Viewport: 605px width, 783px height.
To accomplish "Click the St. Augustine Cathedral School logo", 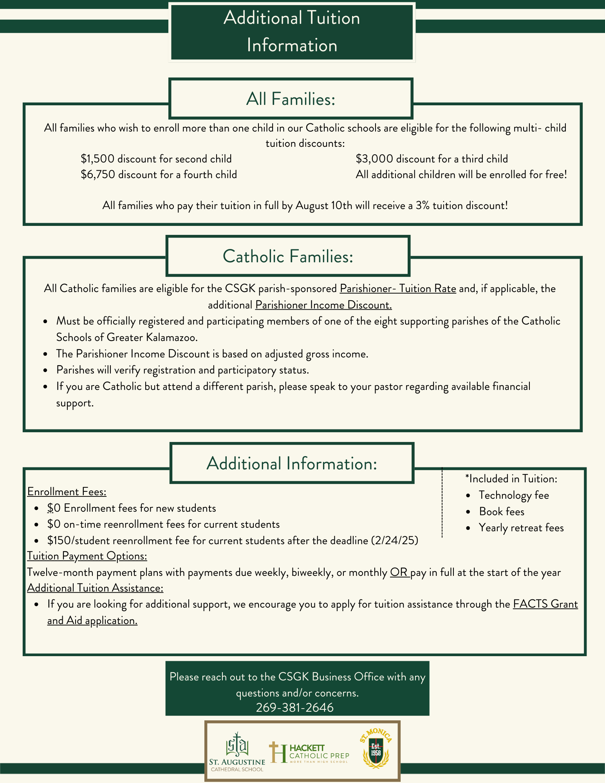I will (237, 752).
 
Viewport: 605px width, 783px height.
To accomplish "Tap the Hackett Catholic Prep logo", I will (309, 753).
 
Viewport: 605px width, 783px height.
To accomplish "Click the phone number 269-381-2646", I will (294, 707).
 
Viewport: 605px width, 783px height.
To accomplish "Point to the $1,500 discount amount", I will (98, 159).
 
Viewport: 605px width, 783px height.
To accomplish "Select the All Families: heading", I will (291, 99).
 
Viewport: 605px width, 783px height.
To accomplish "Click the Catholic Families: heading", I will (288, 256).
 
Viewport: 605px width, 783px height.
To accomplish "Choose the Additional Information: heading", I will (292, 464).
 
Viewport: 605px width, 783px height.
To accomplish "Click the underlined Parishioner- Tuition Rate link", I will (398, 289).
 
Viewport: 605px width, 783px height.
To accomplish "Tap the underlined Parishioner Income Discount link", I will (323, 305).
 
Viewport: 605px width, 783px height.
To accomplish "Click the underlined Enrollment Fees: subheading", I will (67, 492).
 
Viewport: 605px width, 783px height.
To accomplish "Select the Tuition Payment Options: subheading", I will (87, 556).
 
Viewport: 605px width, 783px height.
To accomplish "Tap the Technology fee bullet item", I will (513, 496).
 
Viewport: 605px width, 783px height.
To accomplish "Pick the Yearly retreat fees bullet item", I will (521, 528).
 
